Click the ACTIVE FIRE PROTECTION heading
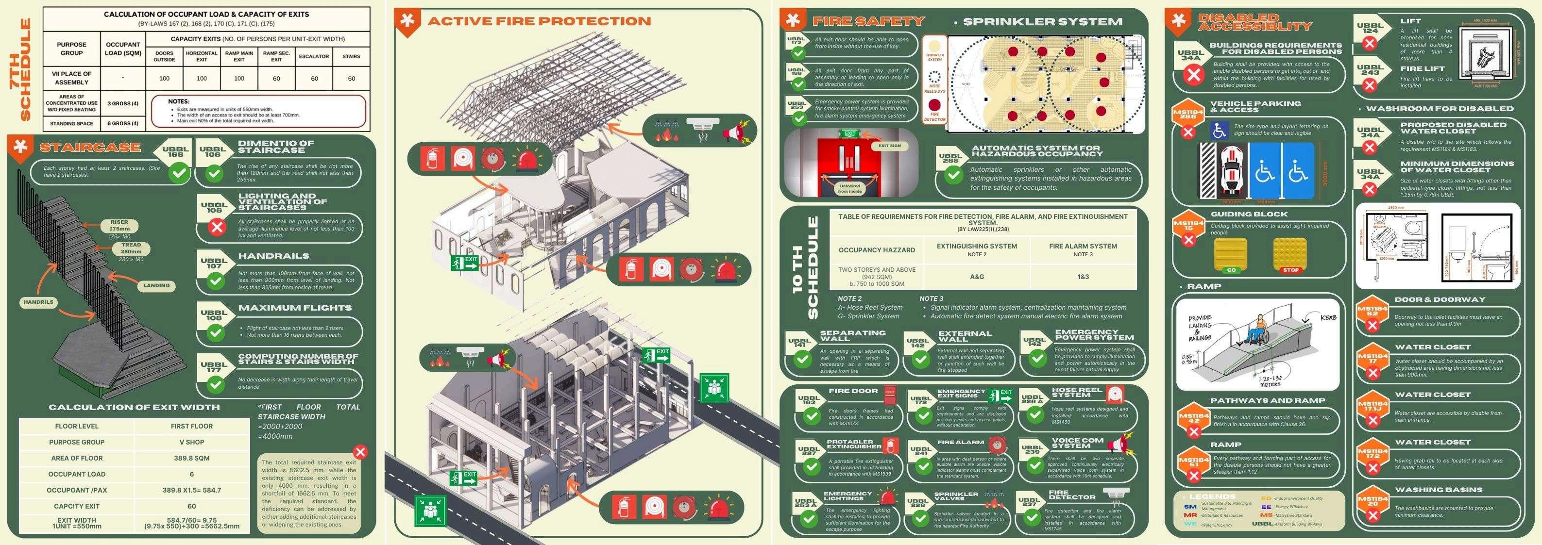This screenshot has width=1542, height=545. point(539,21)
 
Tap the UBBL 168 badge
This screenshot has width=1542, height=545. point(175,152)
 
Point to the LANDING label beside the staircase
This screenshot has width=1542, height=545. point(156,286)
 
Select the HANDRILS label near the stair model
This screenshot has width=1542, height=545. point(38,302)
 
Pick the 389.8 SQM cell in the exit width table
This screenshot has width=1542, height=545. point(191,458)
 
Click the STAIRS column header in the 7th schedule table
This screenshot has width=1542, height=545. point(351,57)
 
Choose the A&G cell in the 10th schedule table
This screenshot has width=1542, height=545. point(977,277)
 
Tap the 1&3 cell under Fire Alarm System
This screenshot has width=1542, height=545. point(1083,277)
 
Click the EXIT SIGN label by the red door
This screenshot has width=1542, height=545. point(890,146)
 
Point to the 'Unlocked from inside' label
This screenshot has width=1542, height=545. point(849,188)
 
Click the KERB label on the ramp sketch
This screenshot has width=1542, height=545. point(1328,318)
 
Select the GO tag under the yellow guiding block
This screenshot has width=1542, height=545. point(1231,270)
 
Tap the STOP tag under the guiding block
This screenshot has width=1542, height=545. point(1290,270)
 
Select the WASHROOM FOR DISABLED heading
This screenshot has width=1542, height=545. point(1440,109)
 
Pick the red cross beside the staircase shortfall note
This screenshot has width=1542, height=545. point(360,452)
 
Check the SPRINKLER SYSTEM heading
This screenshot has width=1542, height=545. point(1042,21)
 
